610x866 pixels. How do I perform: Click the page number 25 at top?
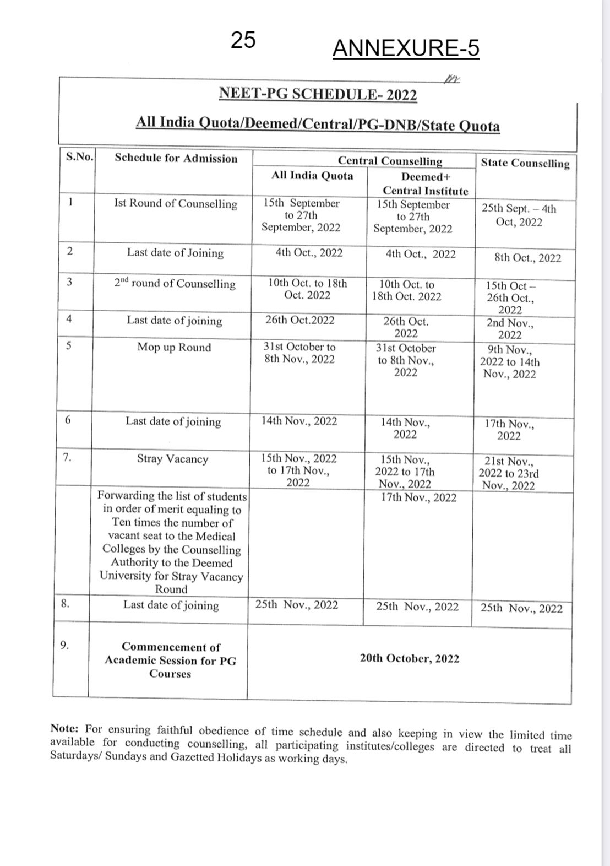click(x=243, y=40)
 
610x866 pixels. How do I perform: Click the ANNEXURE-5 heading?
click(x=406, y=48)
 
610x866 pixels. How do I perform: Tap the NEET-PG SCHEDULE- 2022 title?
click(x=318, y=94)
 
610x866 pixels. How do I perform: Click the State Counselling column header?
click(x=525, y=163)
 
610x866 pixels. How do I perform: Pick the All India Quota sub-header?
click(x=312, y=175)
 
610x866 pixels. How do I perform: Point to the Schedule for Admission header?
click(x=176, y=159)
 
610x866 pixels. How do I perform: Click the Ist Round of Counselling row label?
click(x=175, y=204)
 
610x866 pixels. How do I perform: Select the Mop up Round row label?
click(x=174, y=348)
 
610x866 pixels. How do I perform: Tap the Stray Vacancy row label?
click(x=172, y=459)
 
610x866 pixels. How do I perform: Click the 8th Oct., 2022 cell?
click(x=527, y=258)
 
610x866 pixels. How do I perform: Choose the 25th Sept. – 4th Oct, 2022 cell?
click(x=519, y=215)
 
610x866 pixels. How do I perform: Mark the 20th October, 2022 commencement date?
click(x=409, y=659)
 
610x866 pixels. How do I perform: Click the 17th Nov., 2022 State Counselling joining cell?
click(x=509, y=430)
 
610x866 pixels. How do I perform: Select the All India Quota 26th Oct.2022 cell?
click(x=299, y=321)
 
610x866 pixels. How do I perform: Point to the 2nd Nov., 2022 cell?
click(x=509, y=329)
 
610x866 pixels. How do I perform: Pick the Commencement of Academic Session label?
click(x=170, y=660)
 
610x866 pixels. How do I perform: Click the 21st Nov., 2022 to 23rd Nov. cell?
click(x=508, y=473)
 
